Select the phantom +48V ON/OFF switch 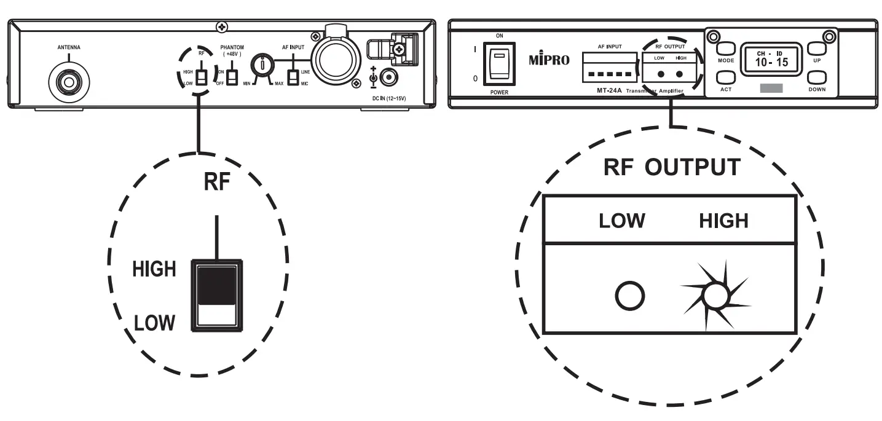(x=232, y=78)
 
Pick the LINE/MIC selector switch (x=294, y=77)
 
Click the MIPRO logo (x=549, y=60)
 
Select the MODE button (x=726, y=50)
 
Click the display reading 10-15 (x=771, y=59)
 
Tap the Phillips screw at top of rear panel (x=221, y=27)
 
